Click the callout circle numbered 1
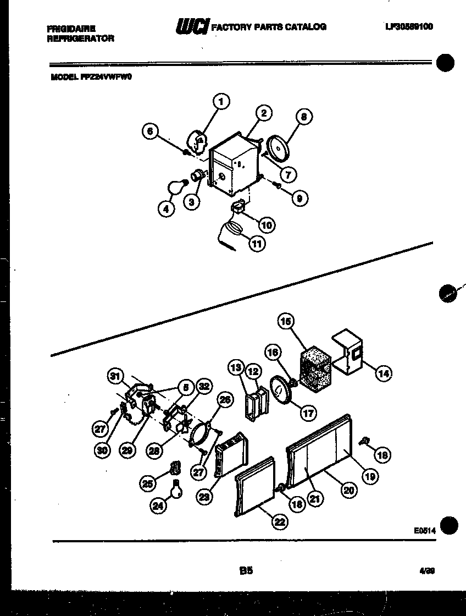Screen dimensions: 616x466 pyautogui.click(x=221, y=101)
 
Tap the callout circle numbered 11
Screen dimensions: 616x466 pyautogui.click(x=257, y=243)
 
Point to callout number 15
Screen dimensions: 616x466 pyautogui.click(x=286, y=321)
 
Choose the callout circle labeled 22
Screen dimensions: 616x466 pyautogui.click(x=280, y=522)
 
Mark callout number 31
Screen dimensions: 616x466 pyautogui.click(x=114, y=376)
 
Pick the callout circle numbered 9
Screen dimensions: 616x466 pyautogui.click(x=299, y=199)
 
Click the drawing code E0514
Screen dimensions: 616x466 pyautogui.click(x=424, y=531)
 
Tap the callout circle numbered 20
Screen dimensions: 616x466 pyautogui.click(x=348, y=491)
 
